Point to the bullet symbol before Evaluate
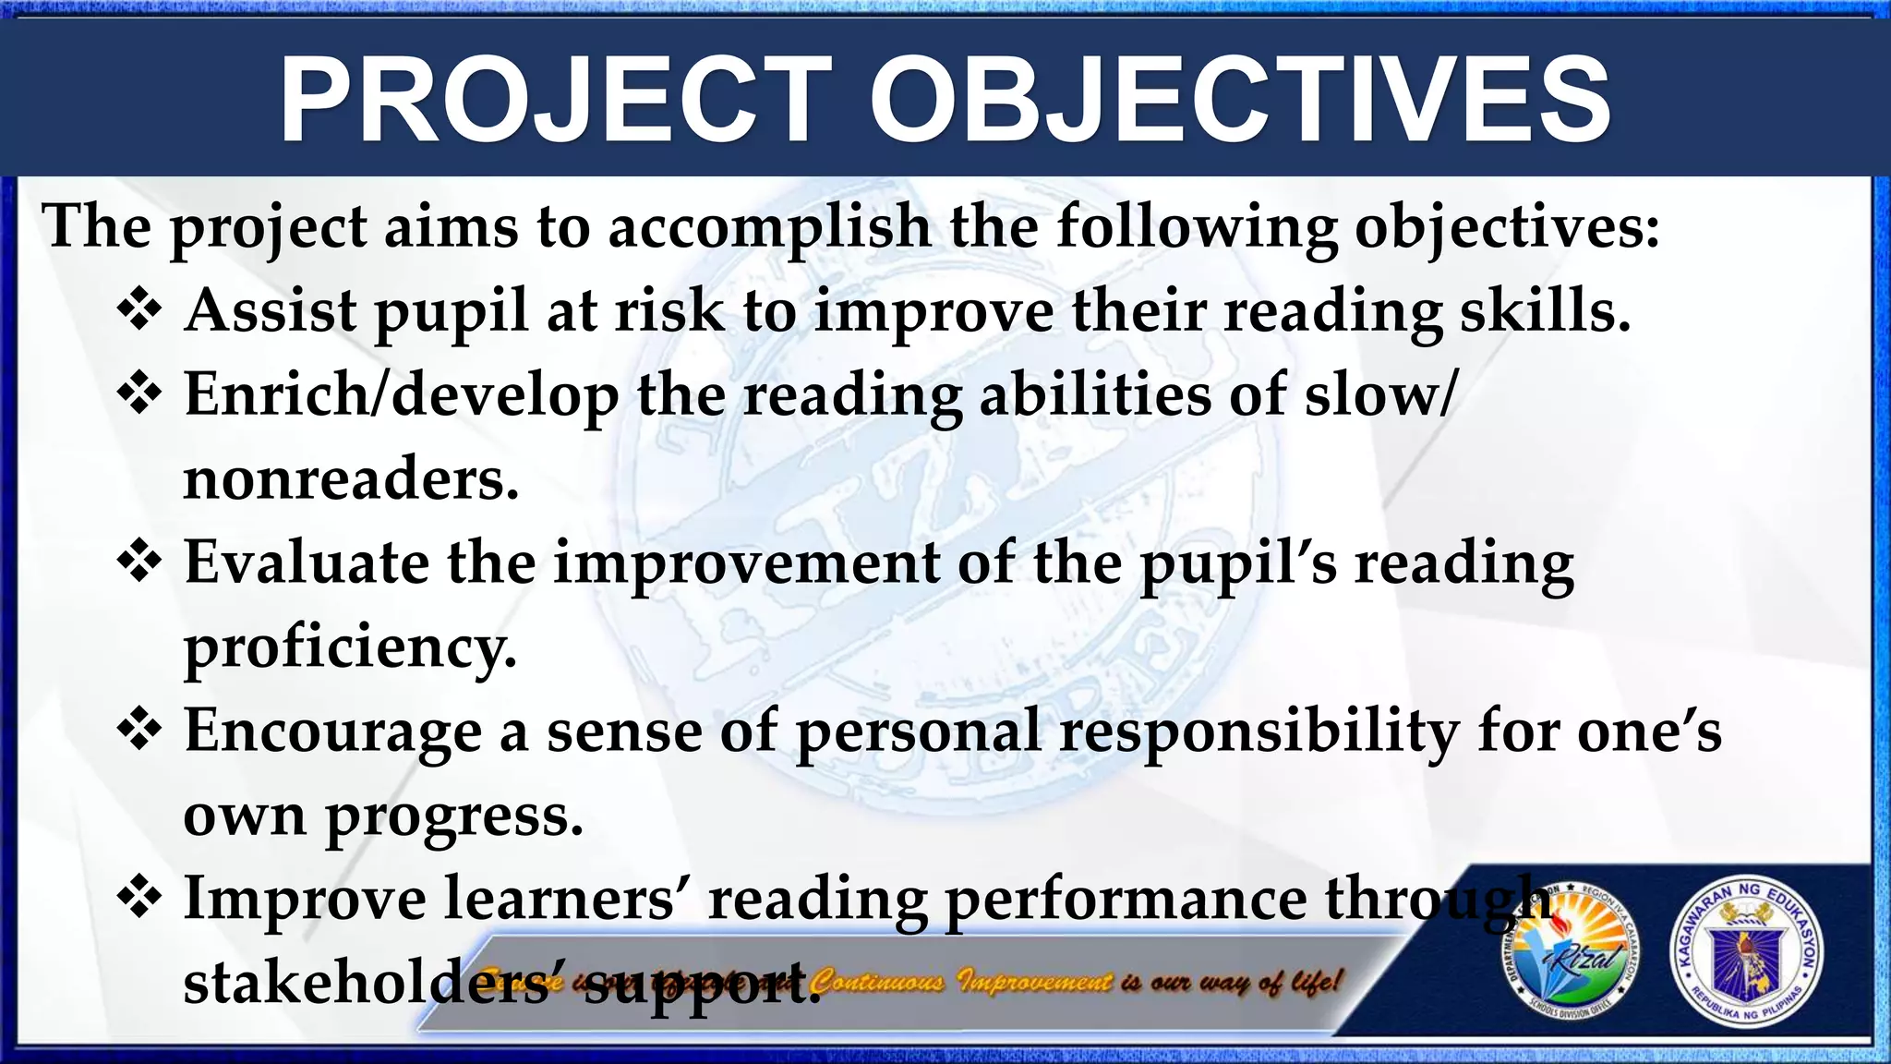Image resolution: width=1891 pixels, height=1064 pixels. (x=139, y=562)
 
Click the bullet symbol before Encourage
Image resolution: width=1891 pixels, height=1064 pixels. (x=139, y=730)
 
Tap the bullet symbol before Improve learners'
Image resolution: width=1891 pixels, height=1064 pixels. (x=139, y=898)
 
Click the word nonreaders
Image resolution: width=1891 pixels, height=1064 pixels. (x=351, y=480)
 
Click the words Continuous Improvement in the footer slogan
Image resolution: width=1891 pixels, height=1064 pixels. (x=961, y=981)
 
